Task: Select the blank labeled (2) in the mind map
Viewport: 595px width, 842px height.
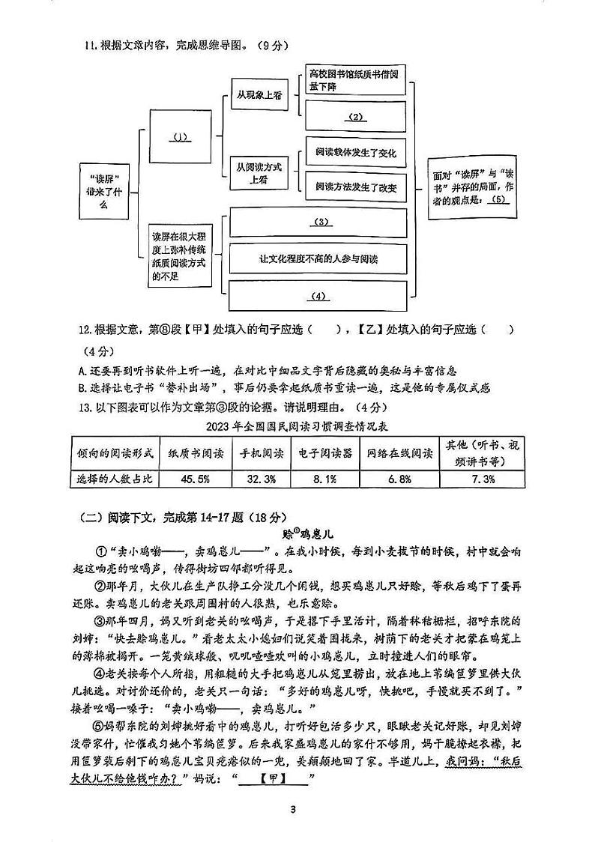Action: [x=355, y=117]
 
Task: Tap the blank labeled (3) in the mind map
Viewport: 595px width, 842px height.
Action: [x=319, y=222]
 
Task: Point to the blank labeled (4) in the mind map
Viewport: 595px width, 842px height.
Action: [x=319, y=296]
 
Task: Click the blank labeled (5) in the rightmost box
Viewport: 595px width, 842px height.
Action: [x=500, y=200]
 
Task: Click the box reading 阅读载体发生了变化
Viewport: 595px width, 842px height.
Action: [x=356, y=153]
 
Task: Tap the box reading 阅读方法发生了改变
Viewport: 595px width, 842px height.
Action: [x=356, y=187]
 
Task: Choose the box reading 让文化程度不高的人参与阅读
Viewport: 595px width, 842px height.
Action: [x=318, y=259]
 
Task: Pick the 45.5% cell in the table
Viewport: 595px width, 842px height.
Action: [x=190, y=478]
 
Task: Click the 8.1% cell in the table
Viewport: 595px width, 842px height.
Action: [x=324, y=478]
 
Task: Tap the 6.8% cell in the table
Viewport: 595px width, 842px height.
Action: [x=399, y=478]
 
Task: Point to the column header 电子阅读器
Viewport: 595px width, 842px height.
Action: [x=324, y=453]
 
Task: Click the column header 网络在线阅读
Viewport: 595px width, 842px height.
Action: [x=399, y=453]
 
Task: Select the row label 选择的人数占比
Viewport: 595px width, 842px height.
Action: [x=114, y=478]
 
